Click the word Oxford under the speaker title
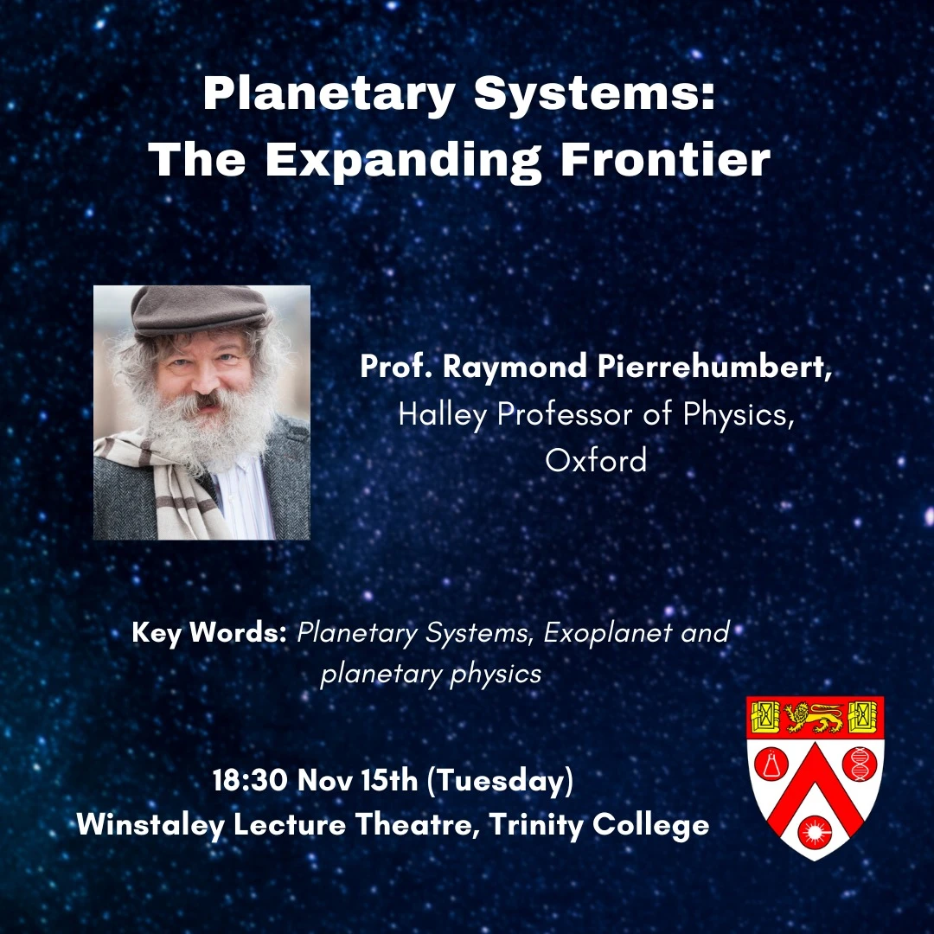596,460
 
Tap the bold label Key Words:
209,632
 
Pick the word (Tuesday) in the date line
502,782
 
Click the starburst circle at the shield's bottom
815,831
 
